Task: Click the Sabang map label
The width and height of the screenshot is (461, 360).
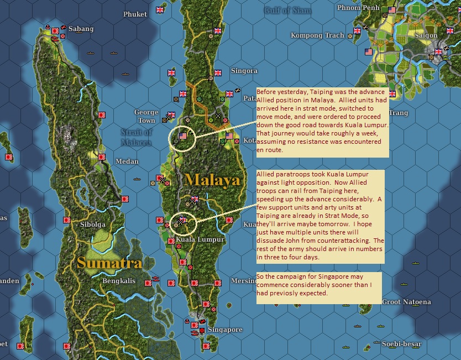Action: pos(81,29)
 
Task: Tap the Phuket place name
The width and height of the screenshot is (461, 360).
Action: pos(135,14)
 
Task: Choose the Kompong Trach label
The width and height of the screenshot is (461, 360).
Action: pos(317,35)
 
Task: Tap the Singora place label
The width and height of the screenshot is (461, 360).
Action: pos(244,71)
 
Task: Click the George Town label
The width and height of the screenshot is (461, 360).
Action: pos(146,116)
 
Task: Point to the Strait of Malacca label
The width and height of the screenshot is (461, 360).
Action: pos(136,137)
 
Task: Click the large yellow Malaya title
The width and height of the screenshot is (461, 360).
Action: pos(213,180)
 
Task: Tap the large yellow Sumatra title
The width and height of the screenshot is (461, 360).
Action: pos(109,262)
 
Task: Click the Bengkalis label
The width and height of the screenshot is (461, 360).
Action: pos(119,280)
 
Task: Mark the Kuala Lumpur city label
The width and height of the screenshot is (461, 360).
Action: pos(200,240)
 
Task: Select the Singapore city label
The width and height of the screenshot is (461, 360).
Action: pos(225,330)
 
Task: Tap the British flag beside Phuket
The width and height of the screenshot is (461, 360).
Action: pos(161,10)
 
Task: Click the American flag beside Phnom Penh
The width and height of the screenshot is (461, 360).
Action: pos(392,10)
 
